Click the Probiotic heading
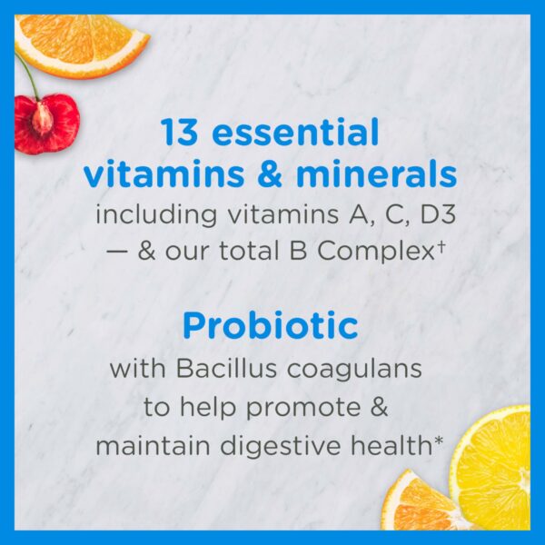270,326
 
